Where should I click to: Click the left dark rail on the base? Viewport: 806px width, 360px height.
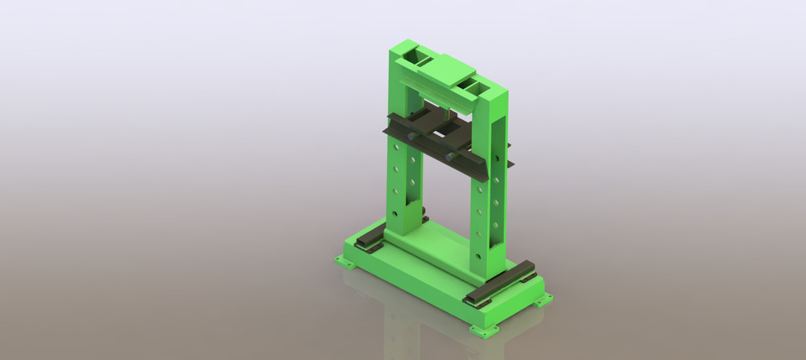pyautogui.click(x=370, y=237)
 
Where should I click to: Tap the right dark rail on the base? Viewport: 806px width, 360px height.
pyautogui.click(x=501, y=282)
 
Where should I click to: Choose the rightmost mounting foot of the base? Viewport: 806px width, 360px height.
pyautogui.click(x=544, y=298)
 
